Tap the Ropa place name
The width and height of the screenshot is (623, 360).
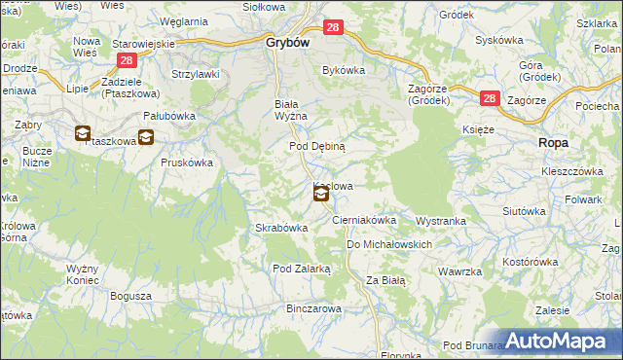553,142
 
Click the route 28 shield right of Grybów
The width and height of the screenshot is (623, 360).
333,31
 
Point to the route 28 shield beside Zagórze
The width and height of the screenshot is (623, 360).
489,98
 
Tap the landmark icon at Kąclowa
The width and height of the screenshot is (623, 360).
321,195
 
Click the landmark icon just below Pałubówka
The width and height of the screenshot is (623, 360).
145,138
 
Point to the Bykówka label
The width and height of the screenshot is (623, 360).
343,70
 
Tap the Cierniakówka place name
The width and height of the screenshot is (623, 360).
364,221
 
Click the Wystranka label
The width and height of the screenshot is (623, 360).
442,221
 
